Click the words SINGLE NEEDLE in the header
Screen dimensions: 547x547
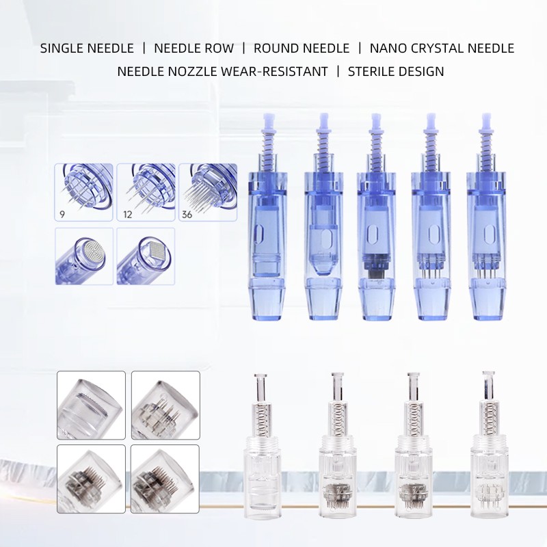(86, 49)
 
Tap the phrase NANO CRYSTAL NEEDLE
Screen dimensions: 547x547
(442, 49)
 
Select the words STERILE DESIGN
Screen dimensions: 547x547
(396, 71)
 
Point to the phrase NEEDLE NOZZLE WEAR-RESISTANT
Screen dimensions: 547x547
(222, 71)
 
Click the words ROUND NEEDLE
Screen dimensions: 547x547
(302, 49)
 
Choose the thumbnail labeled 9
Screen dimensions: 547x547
(83, 191)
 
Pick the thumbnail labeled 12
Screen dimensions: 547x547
(145, 191)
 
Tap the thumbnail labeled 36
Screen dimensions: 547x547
(207, 191)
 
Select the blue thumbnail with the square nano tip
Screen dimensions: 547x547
(145, 256)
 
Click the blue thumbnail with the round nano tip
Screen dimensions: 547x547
(83, 256)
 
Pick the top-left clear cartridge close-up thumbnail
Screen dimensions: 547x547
(91, 405)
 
